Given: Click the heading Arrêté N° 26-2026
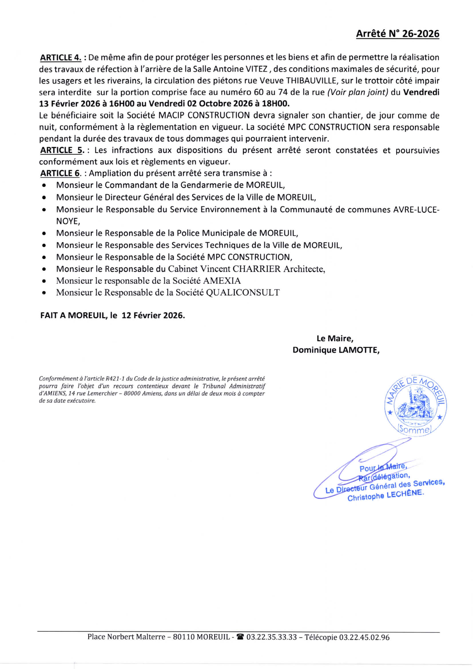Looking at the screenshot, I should tap(398, 34).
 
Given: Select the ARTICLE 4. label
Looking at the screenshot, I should tap(61, 58).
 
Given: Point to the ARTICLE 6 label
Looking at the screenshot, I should tap(60, 173).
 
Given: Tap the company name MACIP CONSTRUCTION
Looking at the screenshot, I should tap(204, 116).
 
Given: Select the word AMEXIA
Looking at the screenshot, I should tap(222, 281).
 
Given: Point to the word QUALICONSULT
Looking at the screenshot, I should tap(243, 292).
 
